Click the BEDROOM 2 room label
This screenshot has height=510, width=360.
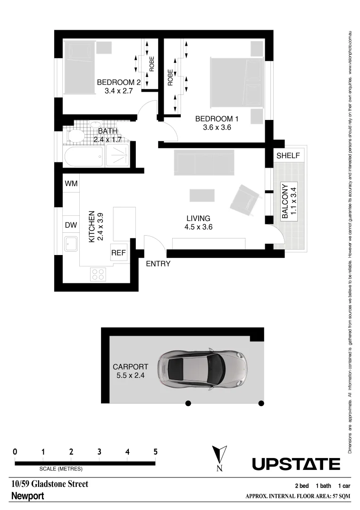[119, 83]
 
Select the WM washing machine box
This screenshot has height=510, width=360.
[71, 183]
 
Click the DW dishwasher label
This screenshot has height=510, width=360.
[71, 225]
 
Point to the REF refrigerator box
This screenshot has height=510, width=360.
[118, 253]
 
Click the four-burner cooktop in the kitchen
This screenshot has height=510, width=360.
[98, 274]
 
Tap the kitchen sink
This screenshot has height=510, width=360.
[71, 244]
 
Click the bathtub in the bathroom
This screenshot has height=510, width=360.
[84, 156]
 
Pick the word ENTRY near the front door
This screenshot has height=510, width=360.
[158, 264]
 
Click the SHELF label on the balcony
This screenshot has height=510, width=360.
[287, 156]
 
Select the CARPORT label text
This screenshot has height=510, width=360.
[130, 366]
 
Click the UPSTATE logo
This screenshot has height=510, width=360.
[296, 464]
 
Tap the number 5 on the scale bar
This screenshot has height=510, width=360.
[155, 452]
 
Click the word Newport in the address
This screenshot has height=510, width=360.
[27, 496]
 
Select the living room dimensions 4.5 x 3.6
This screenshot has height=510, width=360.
[198, 227]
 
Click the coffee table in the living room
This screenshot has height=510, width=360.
[201, 195]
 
